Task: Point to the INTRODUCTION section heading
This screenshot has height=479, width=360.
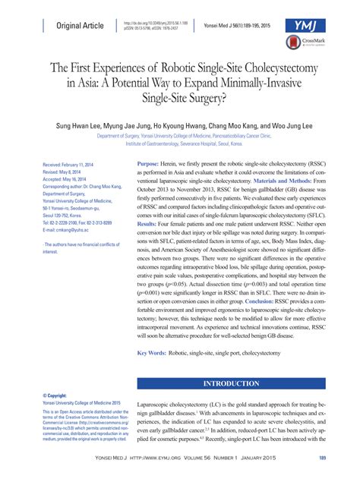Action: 238,383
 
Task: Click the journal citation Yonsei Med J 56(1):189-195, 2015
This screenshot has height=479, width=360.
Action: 250,26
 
